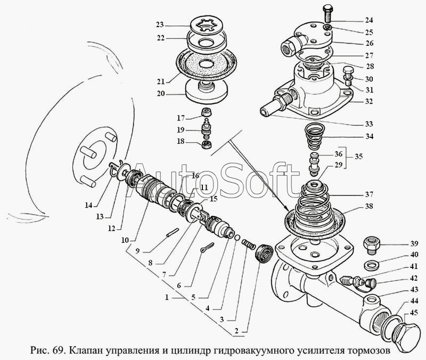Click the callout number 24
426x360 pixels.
pyautogui.click(x=369, y=20)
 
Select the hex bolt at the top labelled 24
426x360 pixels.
pyautogui.click(x=328, y=13)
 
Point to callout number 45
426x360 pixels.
pyautogui.click(x=414, y=313)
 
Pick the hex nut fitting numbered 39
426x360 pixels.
pyautogui.click(x=371, y=245)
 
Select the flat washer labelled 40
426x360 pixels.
pyautogui.click(x=371, y=265)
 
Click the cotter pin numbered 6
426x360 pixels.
pyautogui.click(x=208, y=247)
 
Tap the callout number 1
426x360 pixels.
pyautogui.click(x=167, y=298)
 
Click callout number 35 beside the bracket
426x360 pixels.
pyautogui.click(x=358, y=157)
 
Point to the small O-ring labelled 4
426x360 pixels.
pyautogui.click(x=237, y=238)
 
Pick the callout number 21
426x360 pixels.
pyautogui.click(x=161, y=81)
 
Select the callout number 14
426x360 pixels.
pyautogui.click(x=88, y=205)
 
